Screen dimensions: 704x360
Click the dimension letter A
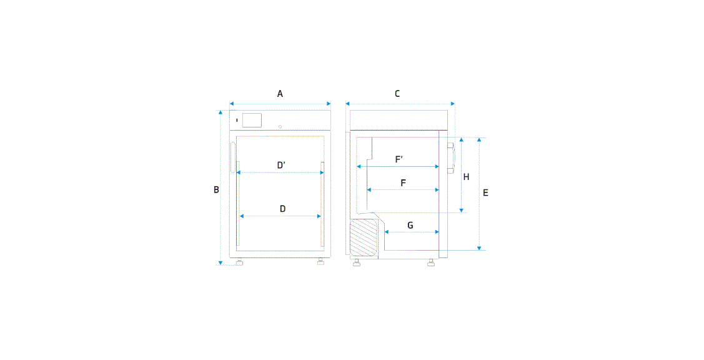click(x=280, y=94)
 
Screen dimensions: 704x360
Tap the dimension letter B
click(x=216, y=189)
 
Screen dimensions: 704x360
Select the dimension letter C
click(x=397, y=94)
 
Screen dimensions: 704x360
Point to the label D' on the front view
click(x=282, y=166)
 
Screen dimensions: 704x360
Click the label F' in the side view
click(x=399, y=159)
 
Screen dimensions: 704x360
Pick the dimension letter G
click(x=410, y=226)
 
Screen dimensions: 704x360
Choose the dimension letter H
click(x=466, y=177)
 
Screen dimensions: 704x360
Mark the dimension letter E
click(x=485, y=192)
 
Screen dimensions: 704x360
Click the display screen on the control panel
click(x=252, y=120)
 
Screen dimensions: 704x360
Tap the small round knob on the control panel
click(x=280, y=127)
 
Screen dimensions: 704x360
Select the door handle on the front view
click(x=233, y=157)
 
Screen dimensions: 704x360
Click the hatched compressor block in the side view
click(x=365, y=237)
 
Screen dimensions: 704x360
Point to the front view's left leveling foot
click(x=239, y=262)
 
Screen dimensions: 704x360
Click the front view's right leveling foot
click(x=320, y=262)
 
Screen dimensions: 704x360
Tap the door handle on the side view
click(x=451, y=157)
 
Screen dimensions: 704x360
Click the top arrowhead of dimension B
click(x=221, y=112)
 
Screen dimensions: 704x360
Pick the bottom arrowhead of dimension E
click(x=479, y=247)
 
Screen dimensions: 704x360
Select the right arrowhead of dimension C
click(x=452, y=104)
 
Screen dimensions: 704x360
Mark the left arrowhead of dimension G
click(x=387, y=232)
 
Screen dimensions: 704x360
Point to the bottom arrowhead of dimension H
click(x=462, y=210)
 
